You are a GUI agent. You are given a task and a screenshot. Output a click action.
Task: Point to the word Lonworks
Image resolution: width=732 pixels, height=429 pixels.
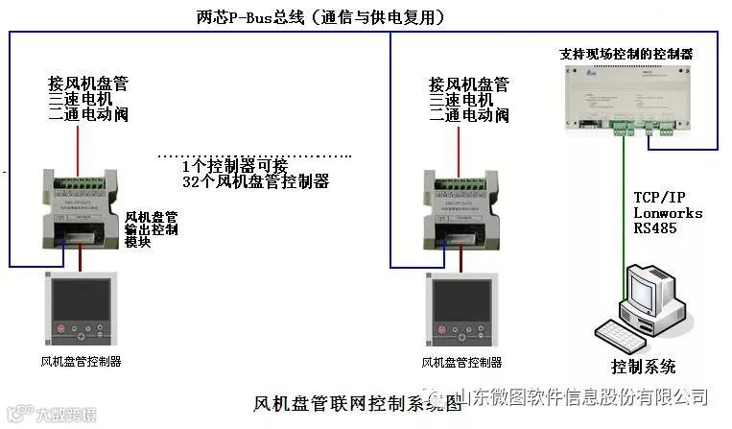coord(668,213)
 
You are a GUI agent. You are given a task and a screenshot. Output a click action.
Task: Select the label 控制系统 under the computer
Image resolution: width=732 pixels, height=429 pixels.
coord(644,367)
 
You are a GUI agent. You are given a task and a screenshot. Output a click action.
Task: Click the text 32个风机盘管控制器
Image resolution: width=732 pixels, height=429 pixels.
coord(255,180)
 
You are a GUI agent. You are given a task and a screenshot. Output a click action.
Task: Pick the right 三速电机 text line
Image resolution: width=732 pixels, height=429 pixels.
coord(461,99)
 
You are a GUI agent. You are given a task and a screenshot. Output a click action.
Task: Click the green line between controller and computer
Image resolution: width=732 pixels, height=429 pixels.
coord(626,202)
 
